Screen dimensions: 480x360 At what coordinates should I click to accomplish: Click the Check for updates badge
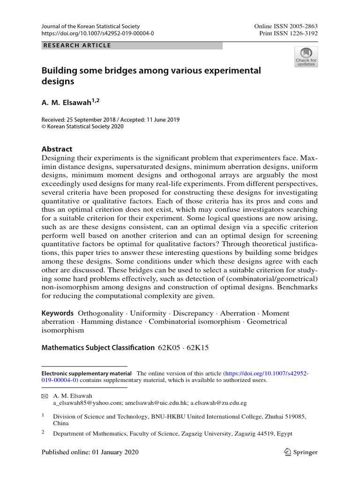[306, 57]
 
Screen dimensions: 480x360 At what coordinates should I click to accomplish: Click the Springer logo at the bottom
[301, 452]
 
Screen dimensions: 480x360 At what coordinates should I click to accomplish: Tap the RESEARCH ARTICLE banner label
[77, 45]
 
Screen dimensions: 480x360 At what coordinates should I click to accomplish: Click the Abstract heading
[57, 149]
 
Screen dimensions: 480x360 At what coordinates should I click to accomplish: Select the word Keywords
[58, 313]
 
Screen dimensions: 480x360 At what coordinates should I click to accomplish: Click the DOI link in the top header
[97, 34]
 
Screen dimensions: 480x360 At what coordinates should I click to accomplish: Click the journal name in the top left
[90, 27]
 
